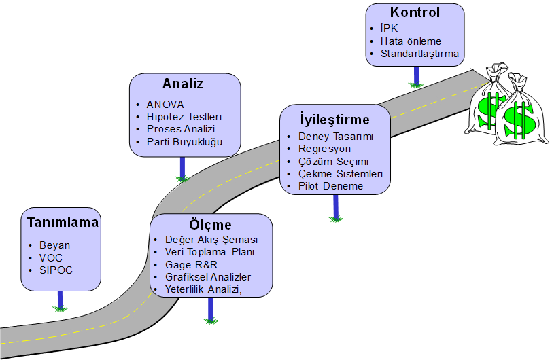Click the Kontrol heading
[x=415, y=12]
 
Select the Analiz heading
[x=183, y=84]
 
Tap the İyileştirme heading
[x=335, y=120]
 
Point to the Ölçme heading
[x=211, y=225]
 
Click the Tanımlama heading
[x=63, y=223]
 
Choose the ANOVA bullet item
[x=165, y=105]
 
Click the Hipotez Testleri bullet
[x=184, y=117]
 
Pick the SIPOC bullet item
[x=56, y=270]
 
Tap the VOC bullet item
[x=52, y=257]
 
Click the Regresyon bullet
[x=325, y=148]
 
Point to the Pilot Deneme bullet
[x=331, y=185]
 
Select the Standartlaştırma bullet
[x=419, y=54]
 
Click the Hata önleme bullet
[x=411, y=41]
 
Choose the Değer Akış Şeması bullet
[x=211, y=240]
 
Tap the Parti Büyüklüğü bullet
[x=184, y=142]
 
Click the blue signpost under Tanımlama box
[x=61, y=300]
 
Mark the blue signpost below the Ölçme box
[x=211, y=310]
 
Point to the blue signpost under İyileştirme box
[x=336, y=206]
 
